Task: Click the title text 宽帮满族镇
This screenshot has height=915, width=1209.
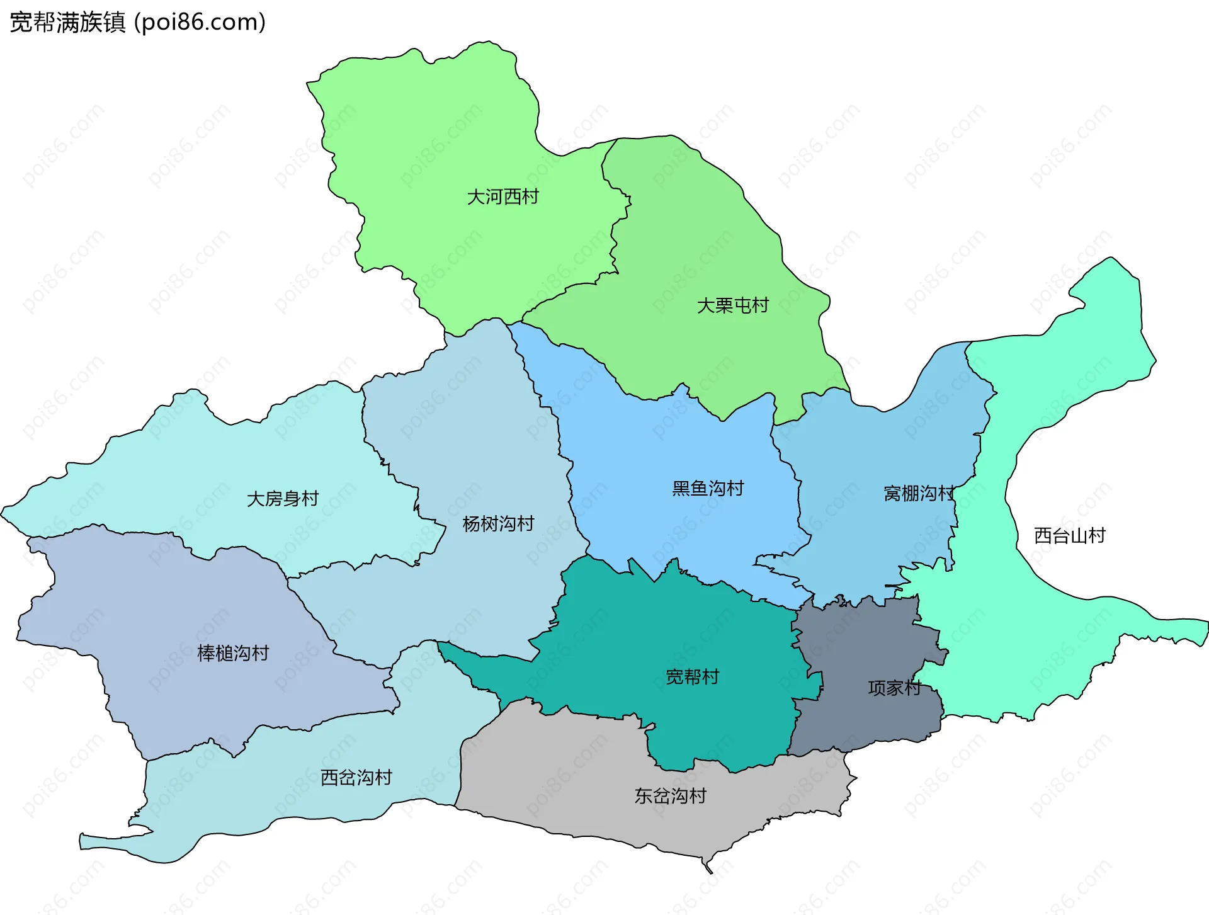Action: [x=67, y=23]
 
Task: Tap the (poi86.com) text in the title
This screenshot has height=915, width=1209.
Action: [x=200, y=23]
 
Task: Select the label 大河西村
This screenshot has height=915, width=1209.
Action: [x=502, y=197]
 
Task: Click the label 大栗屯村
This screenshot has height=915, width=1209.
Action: [x=732, y=306]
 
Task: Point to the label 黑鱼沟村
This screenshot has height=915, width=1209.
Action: [x=708, y=489]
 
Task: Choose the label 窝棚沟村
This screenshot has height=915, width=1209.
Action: [x=919, y=494]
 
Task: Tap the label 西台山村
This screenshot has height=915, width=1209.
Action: [x=1069, y=536]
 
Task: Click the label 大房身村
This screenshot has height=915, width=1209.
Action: [x=283, y=499]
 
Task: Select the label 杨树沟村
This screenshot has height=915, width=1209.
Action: [x=498, y=524]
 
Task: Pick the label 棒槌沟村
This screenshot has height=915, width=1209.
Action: [x=233, y=654]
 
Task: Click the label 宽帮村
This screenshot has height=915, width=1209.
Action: [x=692, y=677]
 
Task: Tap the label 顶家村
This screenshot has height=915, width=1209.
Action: [x=894, y=688]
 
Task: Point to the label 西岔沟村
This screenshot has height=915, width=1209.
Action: [x=356, y=778]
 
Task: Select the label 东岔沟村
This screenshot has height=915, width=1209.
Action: [x=670, y=797]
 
